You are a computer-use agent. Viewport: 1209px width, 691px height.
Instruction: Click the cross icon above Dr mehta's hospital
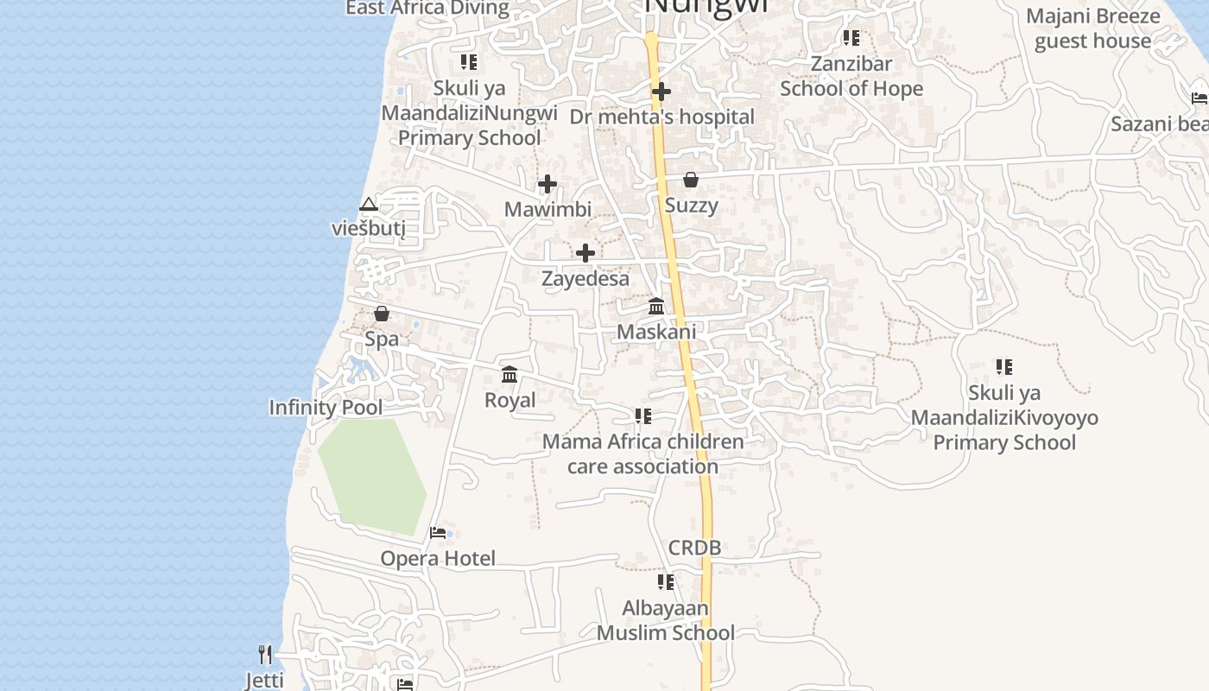661,91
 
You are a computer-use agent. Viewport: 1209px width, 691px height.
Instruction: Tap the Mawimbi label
548,209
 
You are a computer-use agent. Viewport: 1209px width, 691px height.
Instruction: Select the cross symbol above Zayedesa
586,253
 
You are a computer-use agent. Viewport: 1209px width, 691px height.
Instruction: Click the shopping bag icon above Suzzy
691,180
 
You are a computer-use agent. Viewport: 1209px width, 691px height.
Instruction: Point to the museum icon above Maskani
656,307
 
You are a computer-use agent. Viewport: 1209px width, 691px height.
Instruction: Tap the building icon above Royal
510,375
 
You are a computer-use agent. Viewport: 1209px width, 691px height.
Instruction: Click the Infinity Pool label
326,408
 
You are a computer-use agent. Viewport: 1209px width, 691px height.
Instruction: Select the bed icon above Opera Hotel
438,533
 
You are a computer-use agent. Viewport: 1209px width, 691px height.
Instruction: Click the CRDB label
694,548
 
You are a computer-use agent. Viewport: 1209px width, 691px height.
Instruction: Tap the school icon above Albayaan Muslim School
665,582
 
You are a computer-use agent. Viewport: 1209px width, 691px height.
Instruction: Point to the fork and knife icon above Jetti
265,655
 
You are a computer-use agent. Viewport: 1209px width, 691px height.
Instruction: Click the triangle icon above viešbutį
369,205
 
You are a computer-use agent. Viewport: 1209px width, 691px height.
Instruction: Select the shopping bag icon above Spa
382,314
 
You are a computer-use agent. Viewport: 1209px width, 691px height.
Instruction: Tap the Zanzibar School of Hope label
851,76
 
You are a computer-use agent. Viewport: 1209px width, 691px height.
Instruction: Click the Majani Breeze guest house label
1092,29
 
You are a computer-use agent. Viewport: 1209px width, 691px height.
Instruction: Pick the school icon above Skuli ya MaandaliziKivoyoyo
1003,367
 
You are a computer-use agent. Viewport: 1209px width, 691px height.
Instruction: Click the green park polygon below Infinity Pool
372,475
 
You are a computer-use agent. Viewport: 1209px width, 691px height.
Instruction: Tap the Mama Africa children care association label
642,453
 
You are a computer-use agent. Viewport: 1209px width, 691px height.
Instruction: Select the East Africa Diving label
427,9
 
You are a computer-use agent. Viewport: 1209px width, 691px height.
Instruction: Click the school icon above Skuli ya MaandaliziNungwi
469,62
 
